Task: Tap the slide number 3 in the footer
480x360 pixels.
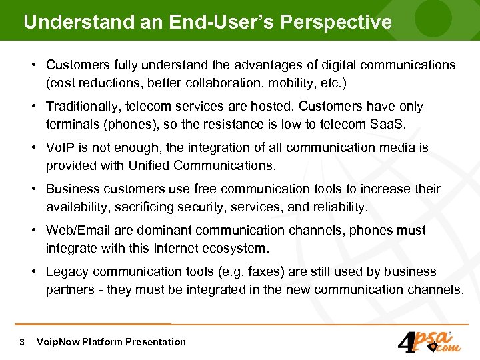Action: (23, 342)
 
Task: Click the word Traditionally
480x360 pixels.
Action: (83, 107)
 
